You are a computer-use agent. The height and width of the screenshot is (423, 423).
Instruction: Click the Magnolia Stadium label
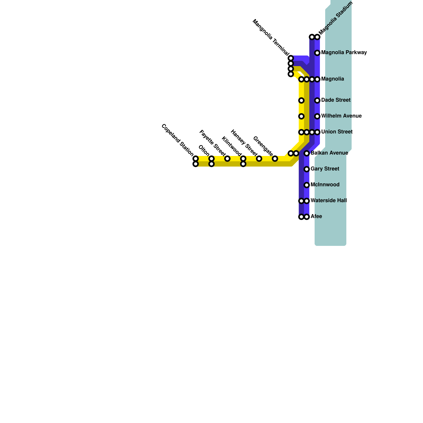[336, 18]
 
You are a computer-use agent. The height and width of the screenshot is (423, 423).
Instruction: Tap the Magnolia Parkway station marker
[317, 53]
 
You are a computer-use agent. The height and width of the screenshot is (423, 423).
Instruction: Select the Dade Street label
[336, 100]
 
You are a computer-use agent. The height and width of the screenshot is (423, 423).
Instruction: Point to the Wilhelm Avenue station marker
[317, 116]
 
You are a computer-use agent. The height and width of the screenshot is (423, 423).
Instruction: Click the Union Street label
[337, 132]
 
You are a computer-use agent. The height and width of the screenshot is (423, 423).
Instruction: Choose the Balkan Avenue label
[329, 153]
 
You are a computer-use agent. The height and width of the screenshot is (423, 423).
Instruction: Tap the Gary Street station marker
[307, 169]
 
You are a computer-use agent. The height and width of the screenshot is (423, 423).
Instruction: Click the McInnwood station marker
[307, 185]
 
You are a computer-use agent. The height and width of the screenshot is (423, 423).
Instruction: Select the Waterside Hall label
[329, 201]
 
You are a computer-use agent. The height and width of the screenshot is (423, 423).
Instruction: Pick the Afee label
[316, 217]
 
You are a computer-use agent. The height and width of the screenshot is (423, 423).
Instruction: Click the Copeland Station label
[178, 140]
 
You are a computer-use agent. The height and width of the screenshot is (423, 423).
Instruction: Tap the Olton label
[204, 151]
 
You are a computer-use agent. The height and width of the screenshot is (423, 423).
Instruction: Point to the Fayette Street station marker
[227, 159]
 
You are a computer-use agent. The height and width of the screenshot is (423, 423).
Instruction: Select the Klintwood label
[232, 146]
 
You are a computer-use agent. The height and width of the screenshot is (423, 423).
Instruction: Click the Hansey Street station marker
[259, 159]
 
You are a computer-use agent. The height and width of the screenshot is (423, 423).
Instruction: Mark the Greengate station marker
[275, 159]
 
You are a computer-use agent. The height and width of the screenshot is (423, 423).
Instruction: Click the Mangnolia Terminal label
[271, 38]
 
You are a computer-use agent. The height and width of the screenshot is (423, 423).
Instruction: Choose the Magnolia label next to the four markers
[333, 79]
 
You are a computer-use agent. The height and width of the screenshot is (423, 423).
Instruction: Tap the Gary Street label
[325, 169]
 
